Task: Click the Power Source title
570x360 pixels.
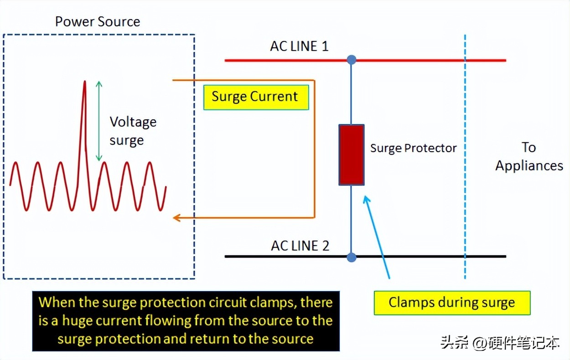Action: [98, 21]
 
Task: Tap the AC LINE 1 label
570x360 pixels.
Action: [299, 46]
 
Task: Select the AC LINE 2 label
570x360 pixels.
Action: [300, 246]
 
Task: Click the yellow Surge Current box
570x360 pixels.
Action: [255, 97]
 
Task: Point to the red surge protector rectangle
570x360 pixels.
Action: [351, 154]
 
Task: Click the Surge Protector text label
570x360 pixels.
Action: [413, 148]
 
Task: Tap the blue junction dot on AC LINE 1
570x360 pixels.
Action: [351, 60]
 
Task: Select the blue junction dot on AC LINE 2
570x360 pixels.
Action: [351, 257]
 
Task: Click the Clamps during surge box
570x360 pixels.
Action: [451, 303]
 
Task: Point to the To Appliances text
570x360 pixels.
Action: [529, 156]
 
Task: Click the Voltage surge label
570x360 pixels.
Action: [133, 131]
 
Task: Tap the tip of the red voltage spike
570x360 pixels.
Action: [84, 82]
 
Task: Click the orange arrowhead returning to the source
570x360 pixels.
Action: [176, 218]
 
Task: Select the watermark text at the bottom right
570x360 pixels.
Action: [500, 343]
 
